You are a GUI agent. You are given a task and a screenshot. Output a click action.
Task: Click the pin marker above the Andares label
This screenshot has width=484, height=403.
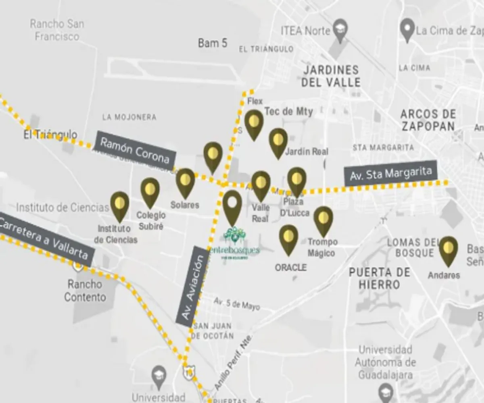[448, 250]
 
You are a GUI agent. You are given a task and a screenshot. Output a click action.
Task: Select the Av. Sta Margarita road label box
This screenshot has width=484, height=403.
[390, 174]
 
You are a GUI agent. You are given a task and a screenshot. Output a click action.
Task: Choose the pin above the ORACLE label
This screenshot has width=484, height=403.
[288, 239]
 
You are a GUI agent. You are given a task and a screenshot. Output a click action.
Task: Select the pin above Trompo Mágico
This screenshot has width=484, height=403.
[323, 220]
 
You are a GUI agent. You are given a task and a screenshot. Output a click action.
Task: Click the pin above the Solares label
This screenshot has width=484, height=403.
[185, 182]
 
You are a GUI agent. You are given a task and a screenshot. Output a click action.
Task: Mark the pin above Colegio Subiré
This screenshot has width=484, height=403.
[150, 191]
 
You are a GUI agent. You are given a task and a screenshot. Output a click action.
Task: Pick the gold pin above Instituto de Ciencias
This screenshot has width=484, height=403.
[120, 205]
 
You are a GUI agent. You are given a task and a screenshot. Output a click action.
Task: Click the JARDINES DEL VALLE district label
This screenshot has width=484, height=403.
[331, 76]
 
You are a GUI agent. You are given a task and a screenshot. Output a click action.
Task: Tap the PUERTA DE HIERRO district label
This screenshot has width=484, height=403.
[380, 278]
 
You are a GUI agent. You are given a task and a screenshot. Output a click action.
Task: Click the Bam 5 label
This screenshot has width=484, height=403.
[213, 43]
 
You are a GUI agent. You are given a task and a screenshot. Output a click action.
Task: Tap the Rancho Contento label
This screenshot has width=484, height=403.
[85, 291]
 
